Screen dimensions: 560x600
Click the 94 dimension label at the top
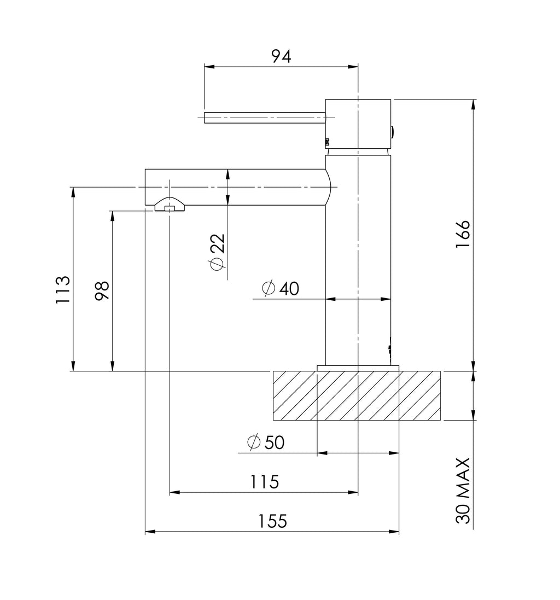point(281,56)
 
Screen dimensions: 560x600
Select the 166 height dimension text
point(463,234)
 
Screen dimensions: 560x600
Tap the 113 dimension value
point(63,290)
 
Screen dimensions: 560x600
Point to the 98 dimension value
point(102,291)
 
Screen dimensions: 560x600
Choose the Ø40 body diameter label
point(281,288)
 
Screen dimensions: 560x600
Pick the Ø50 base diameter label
point(266,442)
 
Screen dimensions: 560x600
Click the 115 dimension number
point(264,482)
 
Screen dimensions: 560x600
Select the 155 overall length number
point(272,521)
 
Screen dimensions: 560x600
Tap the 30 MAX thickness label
point(463,491)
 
